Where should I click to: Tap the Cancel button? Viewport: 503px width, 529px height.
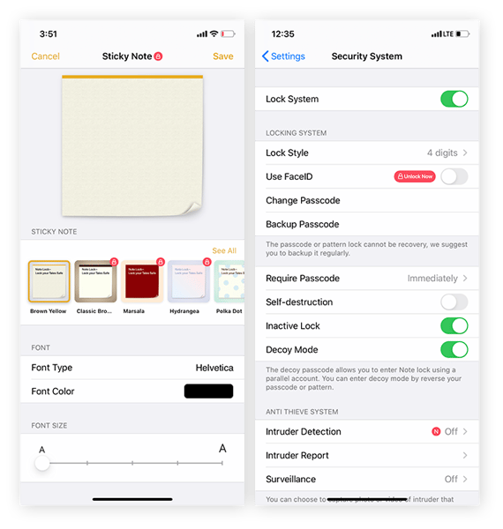45,56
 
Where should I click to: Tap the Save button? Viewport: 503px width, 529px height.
223,56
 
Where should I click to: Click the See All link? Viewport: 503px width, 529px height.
224,250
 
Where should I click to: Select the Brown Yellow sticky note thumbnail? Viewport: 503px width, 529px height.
49,281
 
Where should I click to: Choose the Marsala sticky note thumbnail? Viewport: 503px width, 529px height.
143,281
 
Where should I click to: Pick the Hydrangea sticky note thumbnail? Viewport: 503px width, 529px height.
189,281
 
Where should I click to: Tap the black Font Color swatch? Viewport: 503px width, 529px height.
208,391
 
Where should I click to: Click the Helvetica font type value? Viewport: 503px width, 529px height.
214,368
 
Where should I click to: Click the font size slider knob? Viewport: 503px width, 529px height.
42,463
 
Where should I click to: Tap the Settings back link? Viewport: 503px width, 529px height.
283,56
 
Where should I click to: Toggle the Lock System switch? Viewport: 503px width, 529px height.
454,99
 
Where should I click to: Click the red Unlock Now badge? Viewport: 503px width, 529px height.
415,176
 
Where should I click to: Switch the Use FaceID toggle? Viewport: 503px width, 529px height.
454,176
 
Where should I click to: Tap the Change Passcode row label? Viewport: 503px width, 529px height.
303,200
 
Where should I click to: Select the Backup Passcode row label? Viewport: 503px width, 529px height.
303,224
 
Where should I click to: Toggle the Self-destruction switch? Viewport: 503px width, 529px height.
454,302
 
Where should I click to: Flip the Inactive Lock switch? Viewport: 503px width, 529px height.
454,326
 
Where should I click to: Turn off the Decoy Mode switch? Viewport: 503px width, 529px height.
454,350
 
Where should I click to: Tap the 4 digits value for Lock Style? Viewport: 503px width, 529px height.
442,153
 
